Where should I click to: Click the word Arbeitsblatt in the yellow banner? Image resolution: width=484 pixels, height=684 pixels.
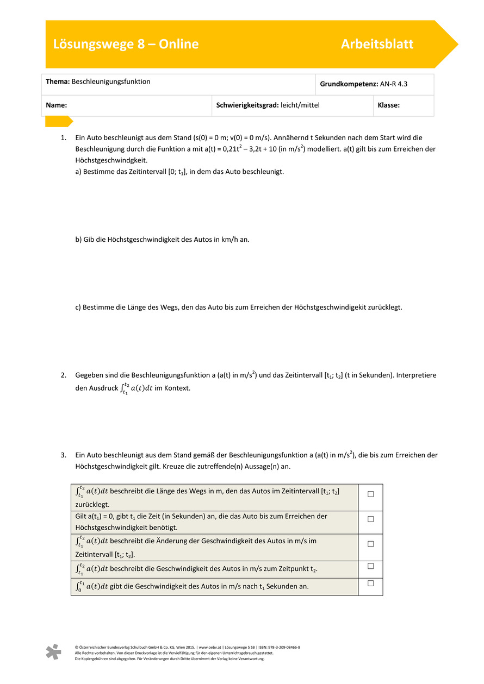[377, 45]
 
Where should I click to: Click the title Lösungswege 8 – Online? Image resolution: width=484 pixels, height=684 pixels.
[126, 45]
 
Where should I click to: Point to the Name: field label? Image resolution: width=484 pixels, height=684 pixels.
[56, 105]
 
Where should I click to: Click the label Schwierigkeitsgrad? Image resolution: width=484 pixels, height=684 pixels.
[247, 105]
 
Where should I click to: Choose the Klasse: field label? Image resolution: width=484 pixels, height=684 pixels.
[388, 105]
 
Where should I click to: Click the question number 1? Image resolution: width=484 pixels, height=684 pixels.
[64, 138]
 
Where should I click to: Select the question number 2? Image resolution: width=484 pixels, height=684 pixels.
[64, 375]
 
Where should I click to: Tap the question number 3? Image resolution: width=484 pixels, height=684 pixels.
[64, 455]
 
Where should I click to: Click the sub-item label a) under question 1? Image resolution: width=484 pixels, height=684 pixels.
[78, 172]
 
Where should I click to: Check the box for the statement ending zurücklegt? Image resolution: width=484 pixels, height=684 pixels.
[370, 494]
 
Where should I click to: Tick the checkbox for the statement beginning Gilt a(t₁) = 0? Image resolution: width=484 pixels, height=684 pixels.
[370, 519]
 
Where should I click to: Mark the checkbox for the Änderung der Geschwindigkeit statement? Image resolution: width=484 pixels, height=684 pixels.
[370, 544]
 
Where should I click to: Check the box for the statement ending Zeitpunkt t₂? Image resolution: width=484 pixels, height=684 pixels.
[370, 566]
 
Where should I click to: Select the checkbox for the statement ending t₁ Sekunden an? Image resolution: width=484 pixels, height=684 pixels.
[370, 583]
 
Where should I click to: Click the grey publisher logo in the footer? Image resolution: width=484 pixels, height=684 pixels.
[53, 652]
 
